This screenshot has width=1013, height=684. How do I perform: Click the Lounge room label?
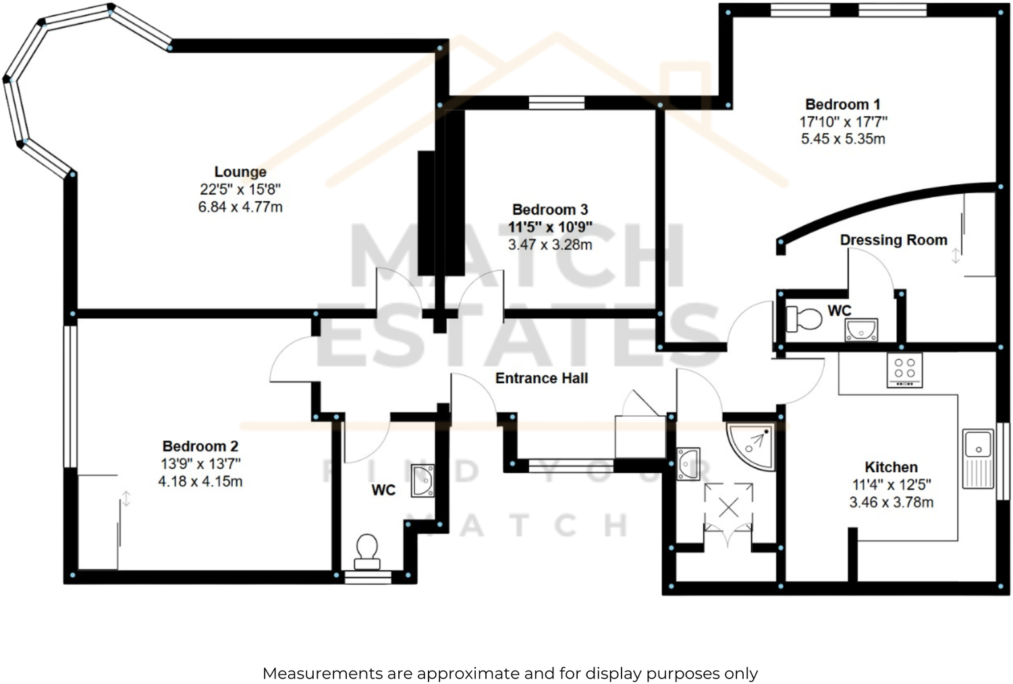coord(240,172)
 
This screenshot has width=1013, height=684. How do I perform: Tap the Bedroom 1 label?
coord(842,105)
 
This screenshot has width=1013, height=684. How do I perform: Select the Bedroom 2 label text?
coord(200,447)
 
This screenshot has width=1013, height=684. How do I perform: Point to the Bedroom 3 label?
coord(549,210)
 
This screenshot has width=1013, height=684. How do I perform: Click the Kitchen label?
coord(891,467)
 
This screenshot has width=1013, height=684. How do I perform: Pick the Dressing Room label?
coord(893,240)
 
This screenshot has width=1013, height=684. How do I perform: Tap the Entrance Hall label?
coord(541,378)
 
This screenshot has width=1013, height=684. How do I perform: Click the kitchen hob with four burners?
coord(904,370)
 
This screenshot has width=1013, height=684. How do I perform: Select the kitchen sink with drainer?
coord(977,457)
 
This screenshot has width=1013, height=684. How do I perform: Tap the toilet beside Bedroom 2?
coord(367,550)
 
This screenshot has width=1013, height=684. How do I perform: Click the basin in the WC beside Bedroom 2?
coord(423,480)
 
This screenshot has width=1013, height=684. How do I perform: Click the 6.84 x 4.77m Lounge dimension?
coord(240,207)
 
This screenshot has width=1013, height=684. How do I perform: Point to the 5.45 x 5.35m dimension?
coord(842,139)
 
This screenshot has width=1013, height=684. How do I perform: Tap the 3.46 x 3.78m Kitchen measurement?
coord(891,503)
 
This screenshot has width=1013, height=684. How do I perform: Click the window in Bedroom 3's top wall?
coord(556,103)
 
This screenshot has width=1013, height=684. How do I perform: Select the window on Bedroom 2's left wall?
coord(70,397)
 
